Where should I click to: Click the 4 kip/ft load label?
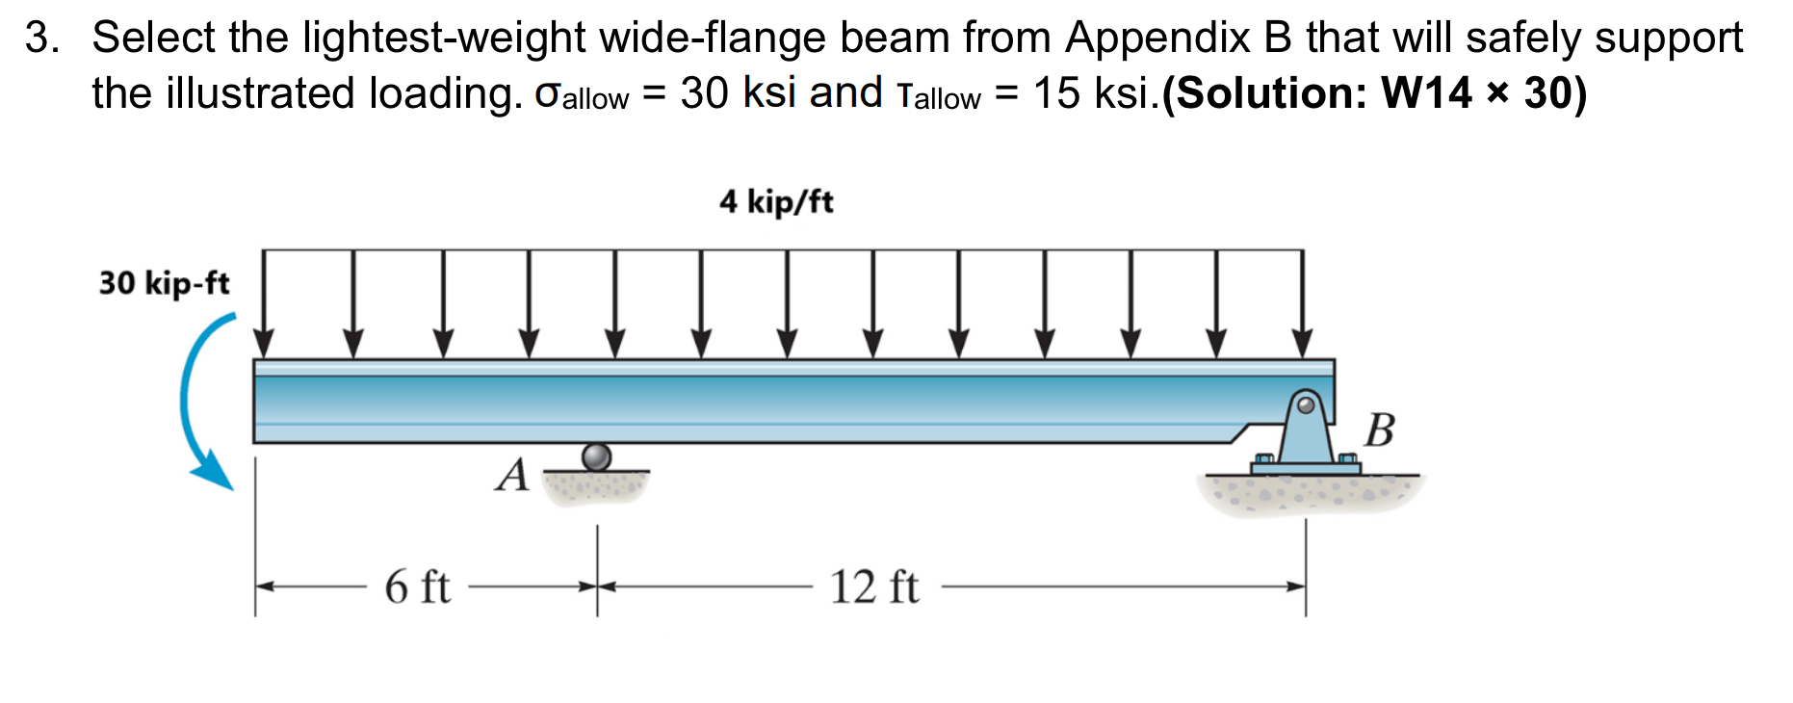pos(776,201)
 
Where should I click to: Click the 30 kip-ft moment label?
pos(164,283)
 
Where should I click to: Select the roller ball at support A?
pos(596,456)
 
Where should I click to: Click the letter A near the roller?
pos(512,475)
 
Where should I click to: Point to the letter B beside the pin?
pos(1379,430)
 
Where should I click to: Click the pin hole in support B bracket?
pos(1306,404)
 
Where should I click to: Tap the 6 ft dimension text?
pos(417,586)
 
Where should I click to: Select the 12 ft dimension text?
pos(874,586)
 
